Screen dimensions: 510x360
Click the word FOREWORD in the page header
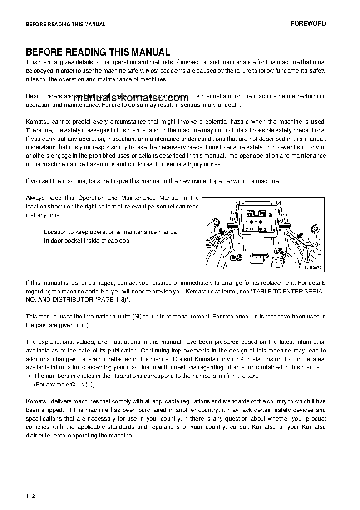tap(308, 24)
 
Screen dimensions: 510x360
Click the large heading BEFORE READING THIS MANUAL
tap(98, 52)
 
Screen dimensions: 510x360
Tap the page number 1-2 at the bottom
tap(30, 496)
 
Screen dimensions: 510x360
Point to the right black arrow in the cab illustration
tap(299, 234)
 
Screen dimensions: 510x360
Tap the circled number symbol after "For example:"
tap(73, 385)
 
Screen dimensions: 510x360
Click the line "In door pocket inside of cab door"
tap(88, 241)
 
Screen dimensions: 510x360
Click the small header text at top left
tap(65, 25)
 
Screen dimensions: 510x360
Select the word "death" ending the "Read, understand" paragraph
tap(232, 105)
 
